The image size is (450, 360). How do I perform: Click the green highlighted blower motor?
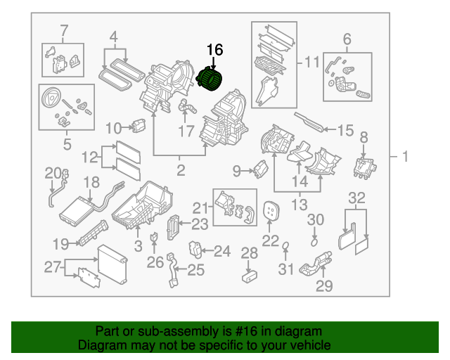210,79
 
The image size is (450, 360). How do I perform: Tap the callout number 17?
186,131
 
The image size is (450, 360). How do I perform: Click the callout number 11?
311,64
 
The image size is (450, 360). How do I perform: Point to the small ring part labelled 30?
314,242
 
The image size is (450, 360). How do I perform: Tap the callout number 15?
345,130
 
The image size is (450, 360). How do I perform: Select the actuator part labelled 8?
364,166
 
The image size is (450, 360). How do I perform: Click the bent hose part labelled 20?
53,188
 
